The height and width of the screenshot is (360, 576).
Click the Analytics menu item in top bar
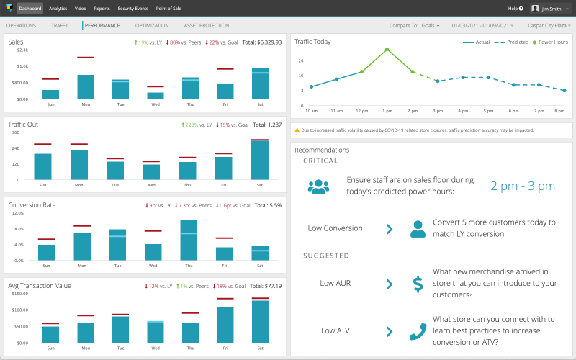[58, 9]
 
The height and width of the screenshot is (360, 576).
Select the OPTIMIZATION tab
[152, 25]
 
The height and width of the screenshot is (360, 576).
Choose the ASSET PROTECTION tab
[207, 25]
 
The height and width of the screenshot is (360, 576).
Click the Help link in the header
[514, 9]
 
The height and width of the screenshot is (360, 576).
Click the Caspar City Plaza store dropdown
[549, 25]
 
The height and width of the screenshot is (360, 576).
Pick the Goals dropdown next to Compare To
[427, 25]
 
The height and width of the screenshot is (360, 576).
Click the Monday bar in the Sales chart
[86, 86]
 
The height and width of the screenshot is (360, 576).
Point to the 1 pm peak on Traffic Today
[387, 50]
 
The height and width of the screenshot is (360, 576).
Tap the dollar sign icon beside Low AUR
[418, 284]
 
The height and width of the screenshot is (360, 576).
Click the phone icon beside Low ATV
[418, 331]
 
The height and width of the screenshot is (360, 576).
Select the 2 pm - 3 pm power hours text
[523, 186]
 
